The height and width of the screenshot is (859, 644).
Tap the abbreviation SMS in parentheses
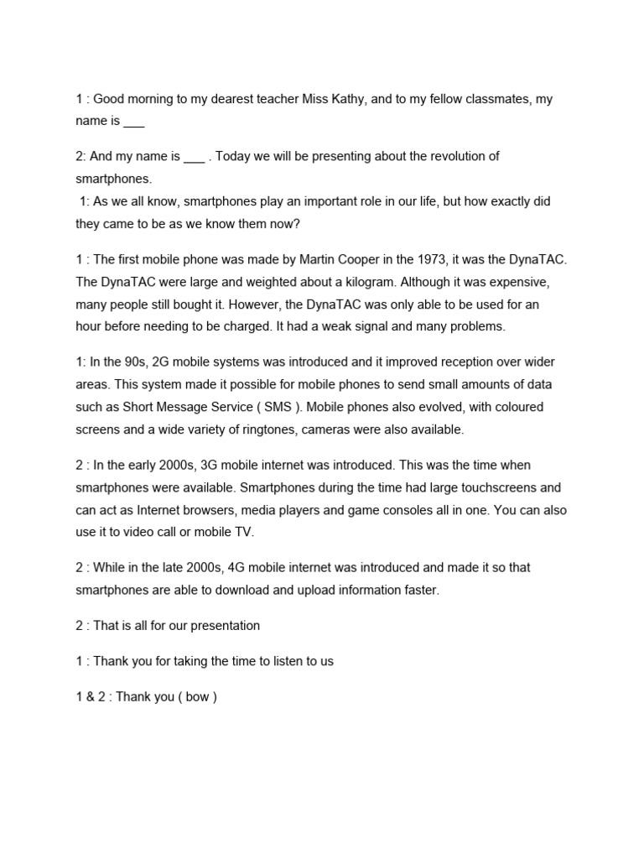(x=281, y=407)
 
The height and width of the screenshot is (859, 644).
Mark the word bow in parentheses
(x=197, y=696)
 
